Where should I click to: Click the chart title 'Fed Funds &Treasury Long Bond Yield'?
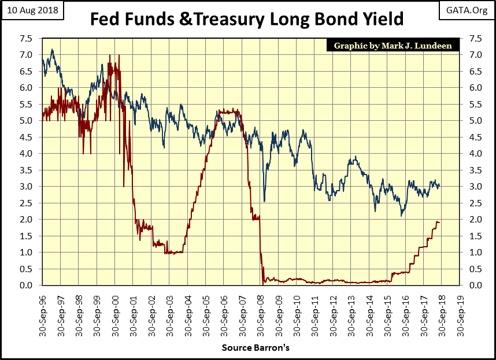(247, 18)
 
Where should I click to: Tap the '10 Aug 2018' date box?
(32, 10)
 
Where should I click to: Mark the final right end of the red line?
(439, 222)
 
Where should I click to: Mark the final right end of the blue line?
(439, 185)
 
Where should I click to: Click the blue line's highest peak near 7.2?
(53, 49)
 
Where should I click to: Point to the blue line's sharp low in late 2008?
(264, 201)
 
